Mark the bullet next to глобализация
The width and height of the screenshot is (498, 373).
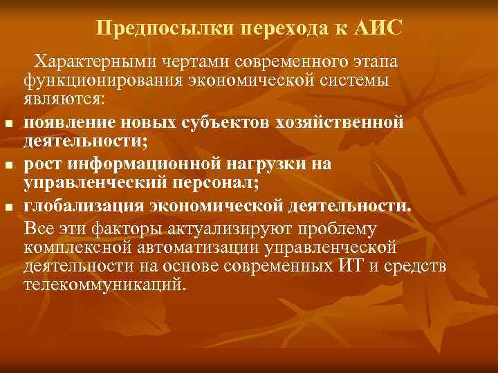[x=9, y=208]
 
